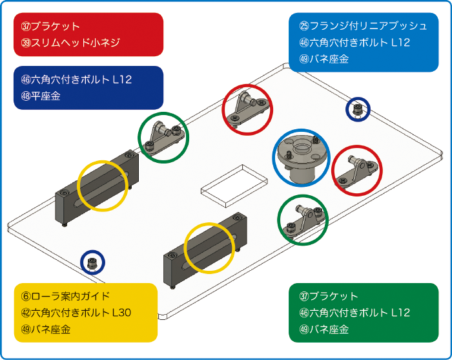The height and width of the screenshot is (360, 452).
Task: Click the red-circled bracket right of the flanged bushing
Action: point(357,171)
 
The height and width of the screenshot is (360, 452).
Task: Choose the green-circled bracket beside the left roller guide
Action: point(163,137)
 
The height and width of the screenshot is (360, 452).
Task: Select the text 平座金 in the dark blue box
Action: point(45,96)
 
